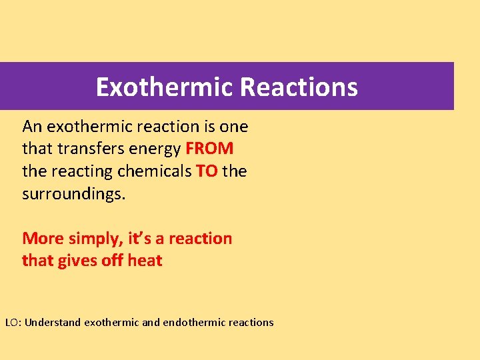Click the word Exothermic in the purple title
(164, 87)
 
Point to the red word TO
(207, 171)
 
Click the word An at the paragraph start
(32, 126)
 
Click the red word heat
(145, 260)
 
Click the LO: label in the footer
(13, 323)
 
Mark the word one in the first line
(233, 127)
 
